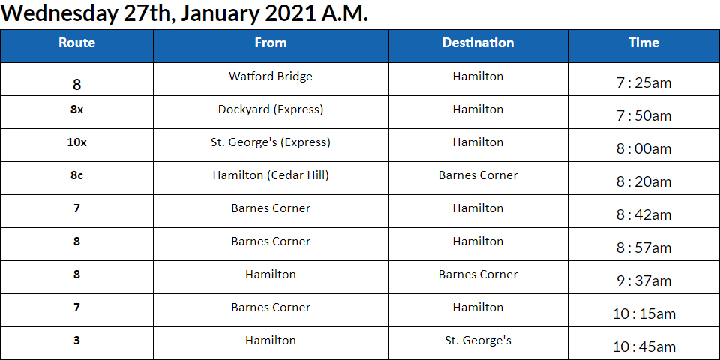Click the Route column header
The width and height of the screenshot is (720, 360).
76,43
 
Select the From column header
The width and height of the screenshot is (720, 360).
271,43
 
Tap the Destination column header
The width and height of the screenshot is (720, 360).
478,43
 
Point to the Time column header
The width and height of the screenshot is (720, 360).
643,43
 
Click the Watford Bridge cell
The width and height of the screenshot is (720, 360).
271,76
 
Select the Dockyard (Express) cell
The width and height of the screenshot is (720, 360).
271,109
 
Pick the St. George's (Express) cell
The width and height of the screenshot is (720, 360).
271,142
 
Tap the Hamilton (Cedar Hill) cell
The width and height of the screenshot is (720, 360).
271,175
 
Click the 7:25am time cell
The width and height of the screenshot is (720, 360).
643,83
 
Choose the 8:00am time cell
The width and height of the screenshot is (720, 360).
643,149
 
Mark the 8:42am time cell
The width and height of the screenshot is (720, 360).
643,215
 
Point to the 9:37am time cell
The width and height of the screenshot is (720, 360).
643,280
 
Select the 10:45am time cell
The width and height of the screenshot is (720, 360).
643,346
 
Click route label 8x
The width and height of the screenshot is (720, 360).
76,109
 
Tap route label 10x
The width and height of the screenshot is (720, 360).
76,142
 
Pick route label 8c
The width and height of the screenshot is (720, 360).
76,175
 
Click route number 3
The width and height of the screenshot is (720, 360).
76,340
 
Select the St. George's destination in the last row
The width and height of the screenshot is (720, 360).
478,340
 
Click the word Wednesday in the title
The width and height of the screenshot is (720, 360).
60,13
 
